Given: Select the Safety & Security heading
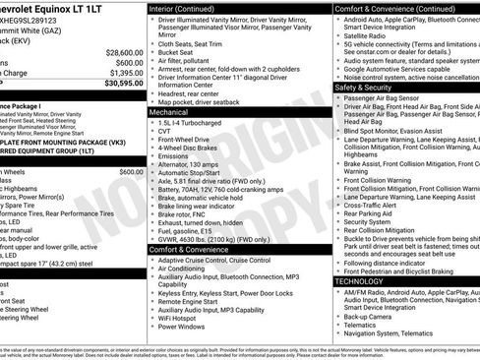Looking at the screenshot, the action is [370, 87].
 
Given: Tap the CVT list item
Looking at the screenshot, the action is [165, 134].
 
